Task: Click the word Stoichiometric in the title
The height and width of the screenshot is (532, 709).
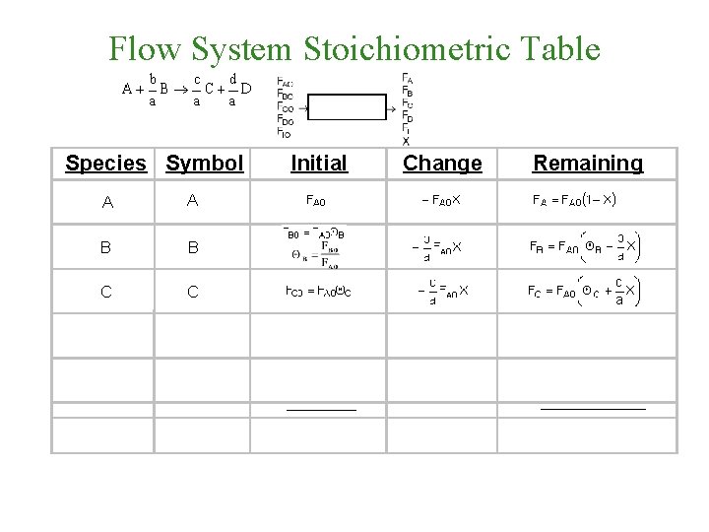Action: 412,48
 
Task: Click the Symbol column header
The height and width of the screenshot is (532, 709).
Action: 204,163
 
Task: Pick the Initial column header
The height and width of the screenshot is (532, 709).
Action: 319,163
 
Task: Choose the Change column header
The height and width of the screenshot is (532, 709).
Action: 442,163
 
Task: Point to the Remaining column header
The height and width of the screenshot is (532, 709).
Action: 588,163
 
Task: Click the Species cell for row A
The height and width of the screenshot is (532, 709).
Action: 107,202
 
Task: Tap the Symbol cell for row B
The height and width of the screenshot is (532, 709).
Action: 192,248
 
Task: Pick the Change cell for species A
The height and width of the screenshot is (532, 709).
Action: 441,201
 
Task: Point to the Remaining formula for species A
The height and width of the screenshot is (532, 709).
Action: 576,200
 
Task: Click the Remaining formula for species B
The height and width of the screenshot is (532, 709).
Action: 583,247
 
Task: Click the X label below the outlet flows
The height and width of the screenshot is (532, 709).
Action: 407,141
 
